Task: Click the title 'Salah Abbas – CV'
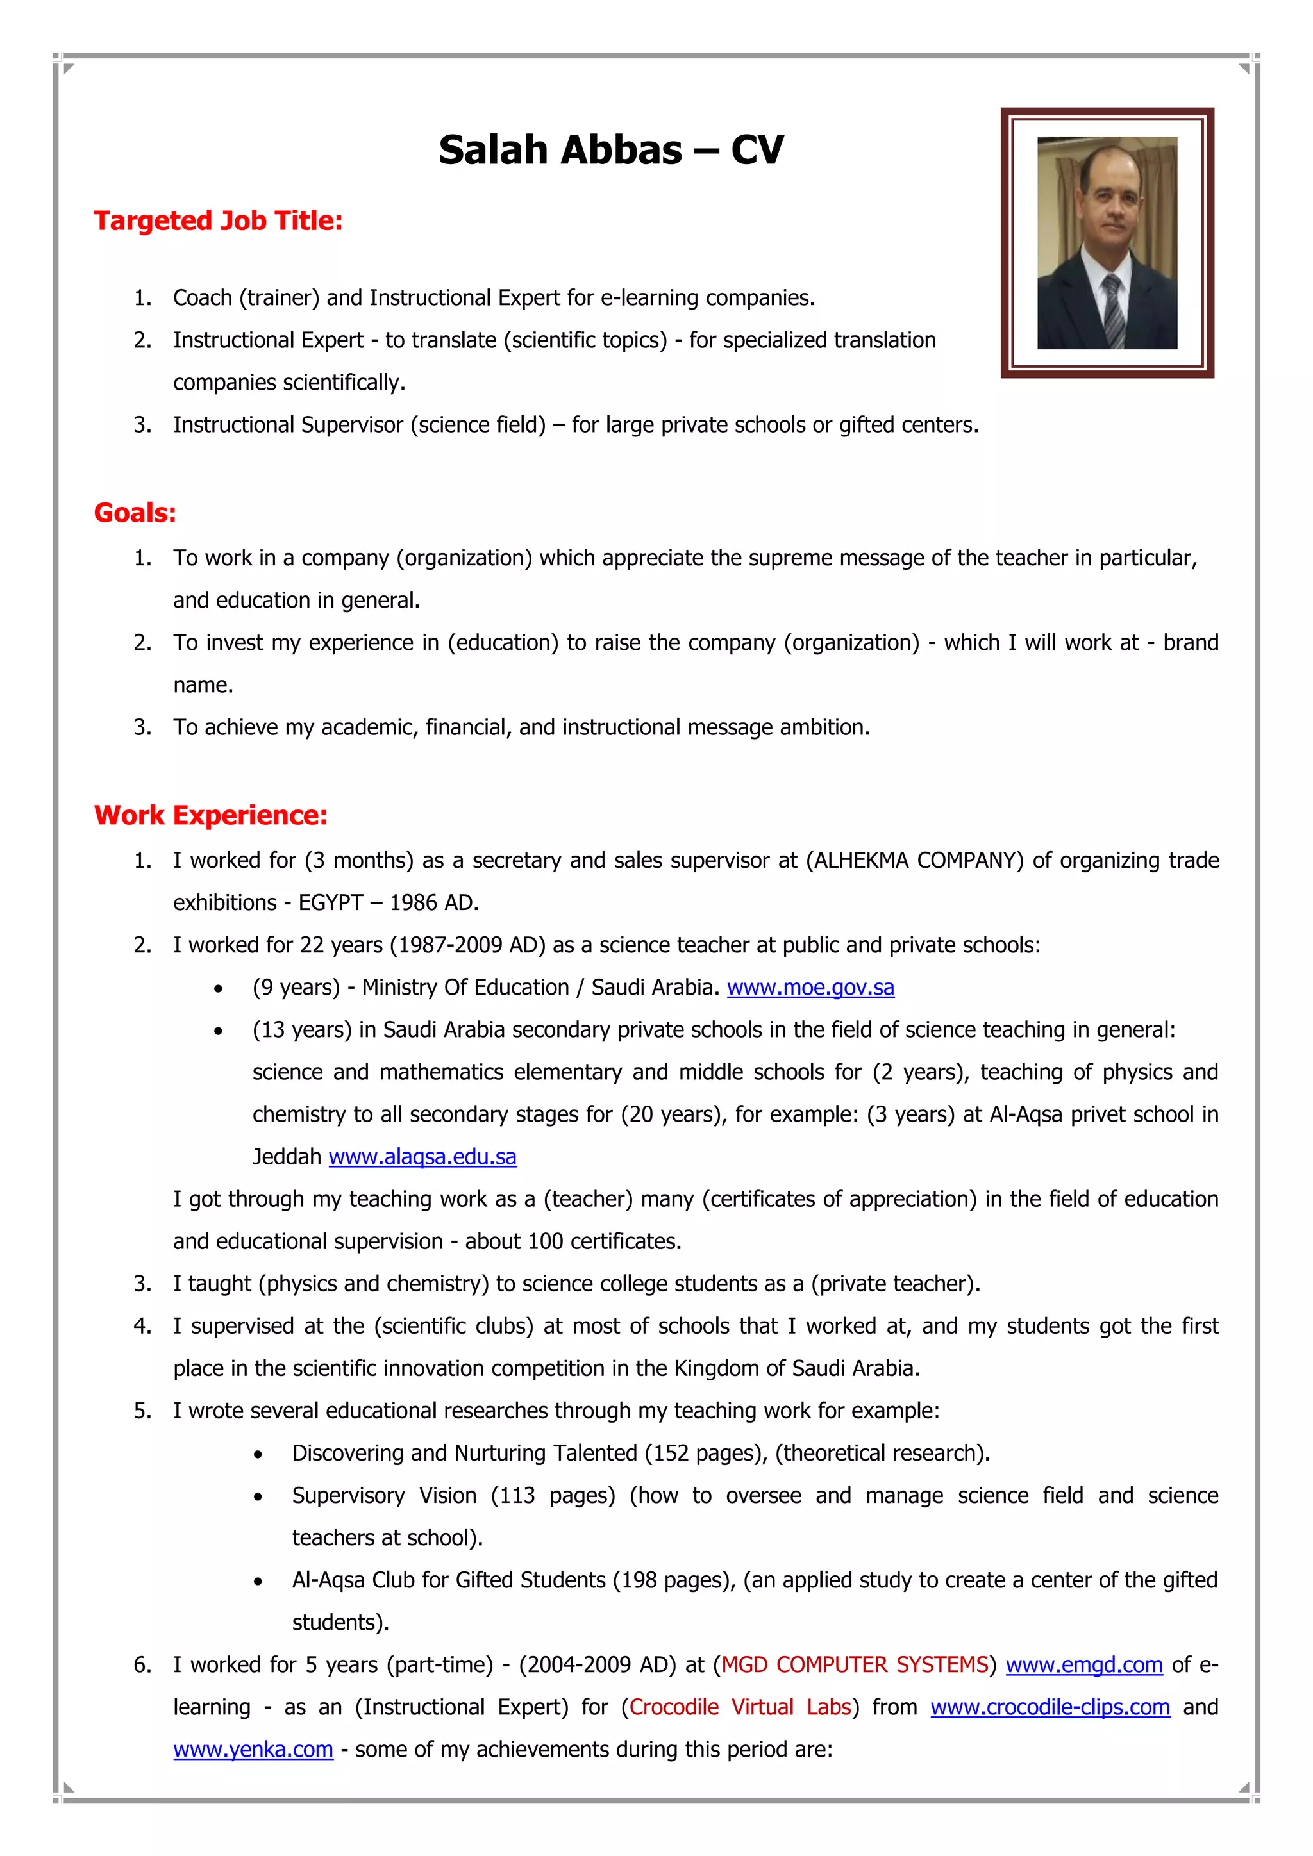(610, 151)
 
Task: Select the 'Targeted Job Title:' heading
(218, 220)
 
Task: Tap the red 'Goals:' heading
(135, 513)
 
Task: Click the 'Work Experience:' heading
(211, 815)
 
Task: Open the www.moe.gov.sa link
(810, 988)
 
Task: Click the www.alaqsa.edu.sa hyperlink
(422, 1157)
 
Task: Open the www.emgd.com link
(1083, 1664)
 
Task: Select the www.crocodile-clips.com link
(1050, 1707)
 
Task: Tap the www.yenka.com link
(253, 1750)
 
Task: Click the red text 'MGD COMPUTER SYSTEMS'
(855, 1664)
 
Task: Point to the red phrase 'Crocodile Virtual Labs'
(740, 1707)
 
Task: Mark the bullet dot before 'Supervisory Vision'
(258, 1497)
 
